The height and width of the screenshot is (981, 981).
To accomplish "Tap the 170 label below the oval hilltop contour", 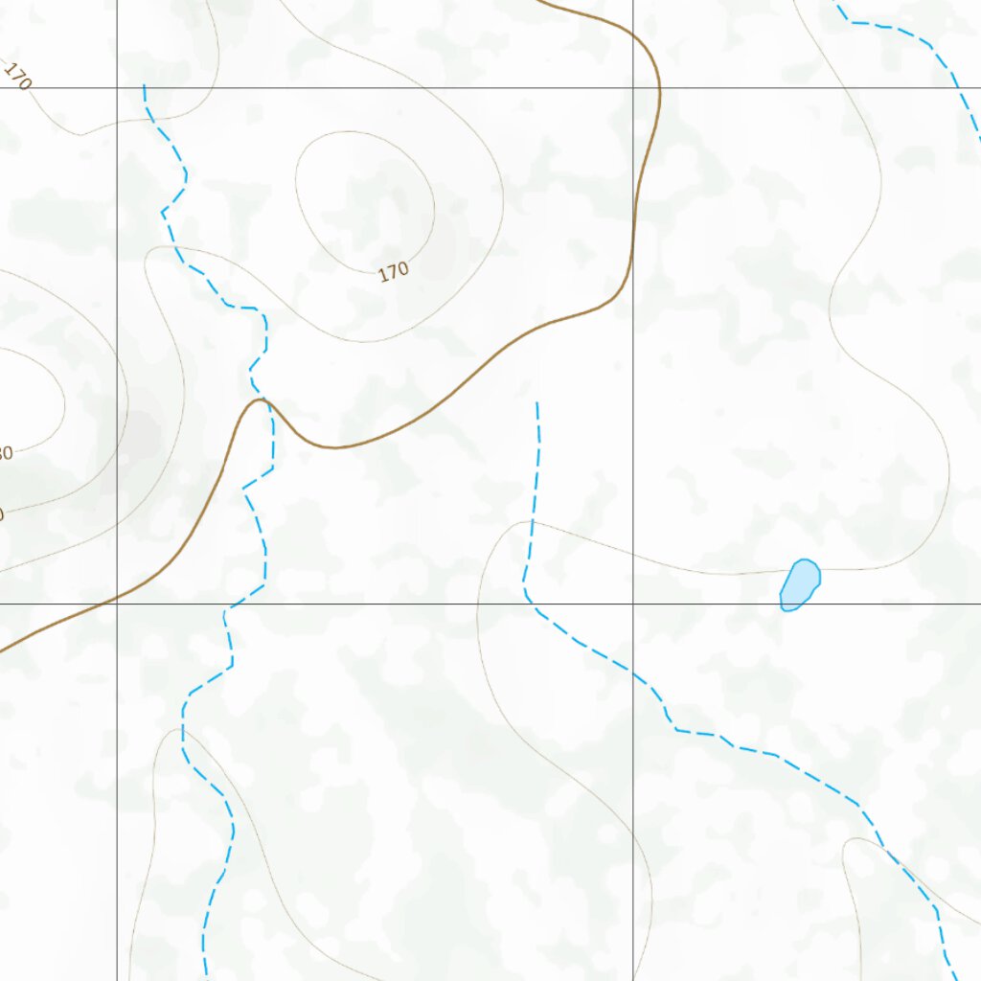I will (x=394, y=272).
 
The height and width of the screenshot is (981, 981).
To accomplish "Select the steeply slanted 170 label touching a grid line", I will (x=17, y=76).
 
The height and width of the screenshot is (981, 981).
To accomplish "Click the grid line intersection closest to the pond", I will (x=632, y=604).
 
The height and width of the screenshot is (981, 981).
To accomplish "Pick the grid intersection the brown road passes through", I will (x=117, y=604).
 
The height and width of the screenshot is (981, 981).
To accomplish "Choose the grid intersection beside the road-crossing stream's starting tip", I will (x=117, y=87).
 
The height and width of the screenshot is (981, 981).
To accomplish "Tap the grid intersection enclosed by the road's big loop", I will (x=632, y=87).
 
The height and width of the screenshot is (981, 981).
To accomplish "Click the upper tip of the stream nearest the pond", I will (x=536, y=403).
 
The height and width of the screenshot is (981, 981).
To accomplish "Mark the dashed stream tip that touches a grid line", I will (x=144, y=86).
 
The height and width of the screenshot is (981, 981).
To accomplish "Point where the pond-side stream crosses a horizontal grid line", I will (x=531, y=604).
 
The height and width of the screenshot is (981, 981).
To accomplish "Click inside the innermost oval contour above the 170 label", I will (x=364, y=196).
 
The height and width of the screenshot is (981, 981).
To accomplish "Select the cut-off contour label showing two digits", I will (x=5, y=452).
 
